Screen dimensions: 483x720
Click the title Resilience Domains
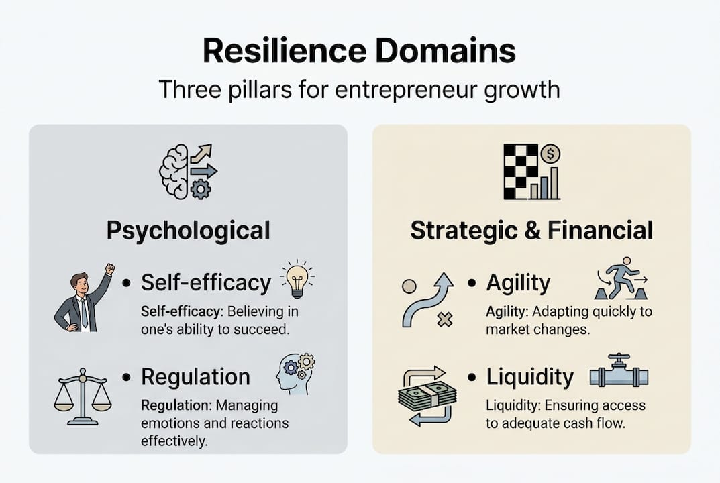point(359,52)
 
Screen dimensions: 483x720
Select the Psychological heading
point(188,230)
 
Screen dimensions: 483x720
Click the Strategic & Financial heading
point(531,230)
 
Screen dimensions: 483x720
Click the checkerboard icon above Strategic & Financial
point(521,172)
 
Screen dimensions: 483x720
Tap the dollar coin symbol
point(550,154)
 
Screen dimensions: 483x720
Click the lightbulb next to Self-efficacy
point(297,278)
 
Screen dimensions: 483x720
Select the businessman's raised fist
point(109,269)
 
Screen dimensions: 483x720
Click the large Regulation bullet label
point(195,377)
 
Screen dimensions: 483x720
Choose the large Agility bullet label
point(518,282)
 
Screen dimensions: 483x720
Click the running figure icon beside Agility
point(621,278)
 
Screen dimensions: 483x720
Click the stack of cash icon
point(427,396)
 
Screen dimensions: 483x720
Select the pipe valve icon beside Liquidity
point(619,373)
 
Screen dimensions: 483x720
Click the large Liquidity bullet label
point(530,377)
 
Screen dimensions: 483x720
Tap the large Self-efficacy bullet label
point(205,282)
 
